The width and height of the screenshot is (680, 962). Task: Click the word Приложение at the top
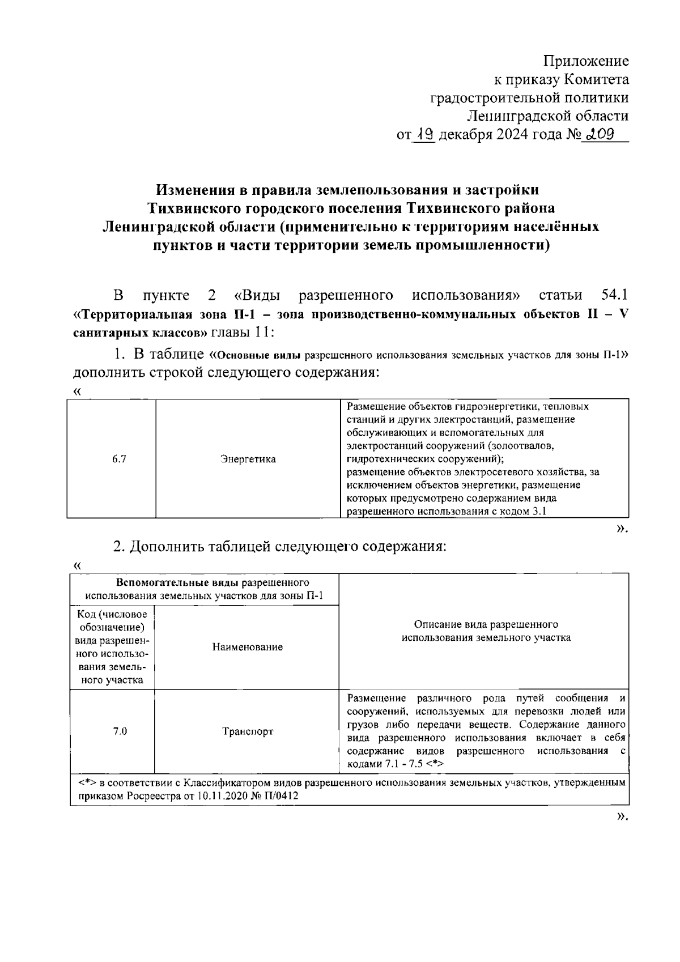pos(586,61)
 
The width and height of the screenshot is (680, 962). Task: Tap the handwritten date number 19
pos(424,135)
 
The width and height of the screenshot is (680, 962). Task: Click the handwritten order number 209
pos(602,135)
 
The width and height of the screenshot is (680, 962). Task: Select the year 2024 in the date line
pos(512,135)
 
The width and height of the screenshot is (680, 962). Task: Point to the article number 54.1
pos(613,295)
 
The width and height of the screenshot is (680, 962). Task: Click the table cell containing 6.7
pos(119,459)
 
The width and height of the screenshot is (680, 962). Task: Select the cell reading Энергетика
pos(248,459)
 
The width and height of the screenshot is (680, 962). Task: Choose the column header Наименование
pos(248,647)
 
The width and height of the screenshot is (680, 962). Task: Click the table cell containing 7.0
pos(120,731)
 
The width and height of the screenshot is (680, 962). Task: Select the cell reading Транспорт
pos(248,731)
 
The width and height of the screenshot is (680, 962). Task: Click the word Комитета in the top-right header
pos(597,79)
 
